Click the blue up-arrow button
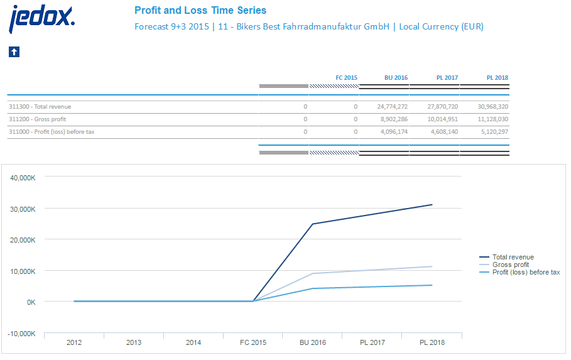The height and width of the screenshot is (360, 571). (14, 52)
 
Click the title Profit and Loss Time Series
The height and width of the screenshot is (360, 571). (200, 10)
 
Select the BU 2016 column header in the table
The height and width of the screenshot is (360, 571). (396, 78)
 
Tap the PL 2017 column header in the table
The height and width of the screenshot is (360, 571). (447, 78)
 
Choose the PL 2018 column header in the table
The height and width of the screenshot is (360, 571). (497, 78)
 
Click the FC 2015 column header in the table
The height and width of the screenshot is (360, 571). (346, 78)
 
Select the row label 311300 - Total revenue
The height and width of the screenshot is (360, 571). (40, 107)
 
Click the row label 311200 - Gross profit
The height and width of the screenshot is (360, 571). (37, 119)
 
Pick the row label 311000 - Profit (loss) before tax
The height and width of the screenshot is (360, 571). (52, 132)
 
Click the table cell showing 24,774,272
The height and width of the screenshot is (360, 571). (393, 107)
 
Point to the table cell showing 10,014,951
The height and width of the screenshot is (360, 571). (443, 119)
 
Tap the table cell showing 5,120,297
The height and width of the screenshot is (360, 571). (493, 132)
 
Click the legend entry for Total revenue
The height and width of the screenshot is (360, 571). (513, 257)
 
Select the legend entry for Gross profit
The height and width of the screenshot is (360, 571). (510, 265)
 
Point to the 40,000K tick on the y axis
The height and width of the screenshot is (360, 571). (23, 178)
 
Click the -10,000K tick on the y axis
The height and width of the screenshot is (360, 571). (21, 334)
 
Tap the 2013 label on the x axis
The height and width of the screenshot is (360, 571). (134, 342)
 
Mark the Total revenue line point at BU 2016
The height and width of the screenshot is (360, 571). (312, 224)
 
